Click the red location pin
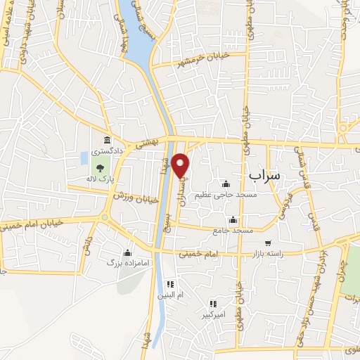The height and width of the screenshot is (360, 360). pos(181,165)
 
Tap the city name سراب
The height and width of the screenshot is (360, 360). pos(265,173)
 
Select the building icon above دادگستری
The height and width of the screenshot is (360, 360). pos(107,141)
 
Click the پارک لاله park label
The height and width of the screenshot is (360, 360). pos(101,179)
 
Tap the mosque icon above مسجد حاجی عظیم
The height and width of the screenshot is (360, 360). pos(226,184)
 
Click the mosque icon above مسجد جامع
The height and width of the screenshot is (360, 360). pos(233,220)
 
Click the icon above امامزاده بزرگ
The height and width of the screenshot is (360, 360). pos(127,252)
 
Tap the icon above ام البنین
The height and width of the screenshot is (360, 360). pos(169,284)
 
